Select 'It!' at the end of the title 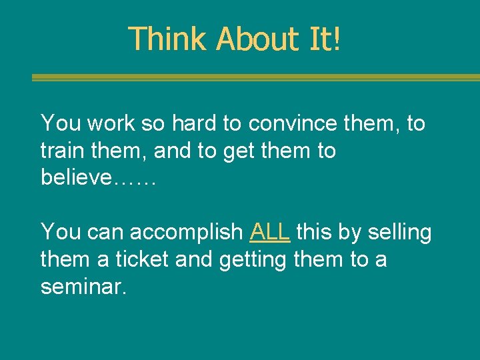pos(325,39)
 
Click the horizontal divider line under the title pos(255,77)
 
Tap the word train pos(62,151)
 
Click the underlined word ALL pos(270,232)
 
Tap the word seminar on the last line pos(82,287)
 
